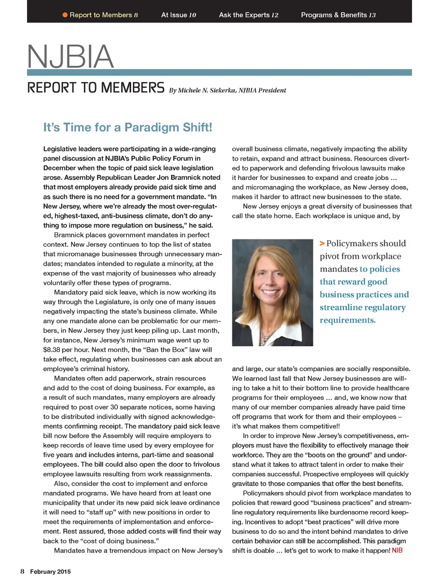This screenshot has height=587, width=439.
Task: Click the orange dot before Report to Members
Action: click(65, 15)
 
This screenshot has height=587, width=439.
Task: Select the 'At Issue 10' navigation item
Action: click(178, 15)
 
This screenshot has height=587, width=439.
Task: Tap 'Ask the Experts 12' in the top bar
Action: click(249, 15)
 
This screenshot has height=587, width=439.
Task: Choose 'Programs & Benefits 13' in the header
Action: click(338, 15)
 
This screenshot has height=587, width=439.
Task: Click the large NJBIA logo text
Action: click(71, 57)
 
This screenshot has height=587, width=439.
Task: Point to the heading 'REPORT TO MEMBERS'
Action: click(96, 88)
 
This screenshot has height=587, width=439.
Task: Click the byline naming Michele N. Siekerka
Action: click(227, 90)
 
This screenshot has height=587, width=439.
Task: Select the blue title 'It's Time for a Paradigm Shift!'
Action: click(128, 127)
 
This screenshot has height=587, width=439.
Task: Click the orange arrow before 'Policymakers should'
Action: click(322, 243)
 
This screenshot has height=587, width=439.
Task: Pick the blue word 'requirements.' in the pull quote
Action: click(348, 320)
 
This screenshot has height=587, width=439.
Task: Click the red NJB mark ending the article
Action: click(397, 551)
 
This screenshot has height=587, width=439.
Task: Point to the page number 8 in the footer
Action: click(22, 572)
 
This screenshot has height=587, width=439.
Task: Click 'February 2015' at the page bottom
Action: click(50, 572)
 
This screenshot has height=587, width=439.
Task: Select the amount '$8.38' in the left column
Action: click(51, 350)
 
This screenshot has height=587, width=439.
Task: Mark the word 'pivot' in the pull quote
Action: click(330, 256)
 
